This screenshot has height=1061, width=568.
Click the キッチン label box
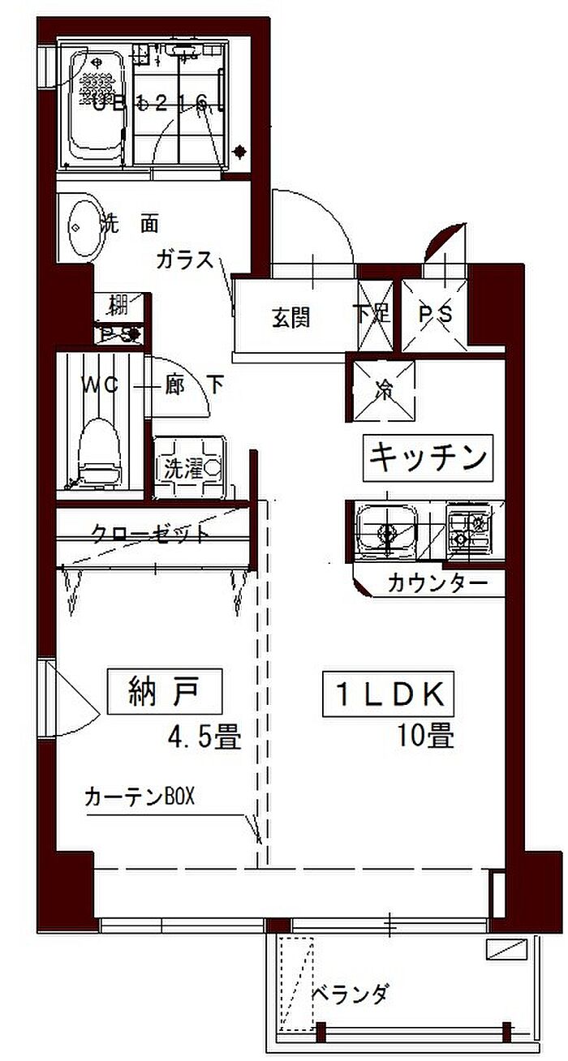428,457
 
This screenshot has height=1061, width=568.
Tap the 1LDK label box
387,694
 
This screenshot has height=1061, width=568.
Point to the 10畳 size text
424,736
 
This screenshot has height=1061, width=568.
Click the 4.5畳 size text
203,737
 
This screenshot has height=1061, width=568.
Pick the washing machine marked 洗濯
189,467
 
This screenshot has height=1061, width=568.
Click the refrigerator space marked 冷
384,390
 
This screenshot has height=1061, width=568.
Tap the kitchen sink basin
385,531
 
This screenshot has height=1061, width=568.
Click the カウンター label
437,582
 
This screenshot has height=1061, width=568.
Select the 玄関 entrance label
290,318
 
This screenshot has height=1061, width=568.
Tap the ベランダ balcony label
351,993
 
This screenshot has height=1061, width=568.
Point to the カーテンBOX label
140,797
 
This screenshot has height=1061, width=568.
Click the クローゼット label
150,534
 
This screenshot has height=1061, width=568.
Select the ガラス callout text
185,260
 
